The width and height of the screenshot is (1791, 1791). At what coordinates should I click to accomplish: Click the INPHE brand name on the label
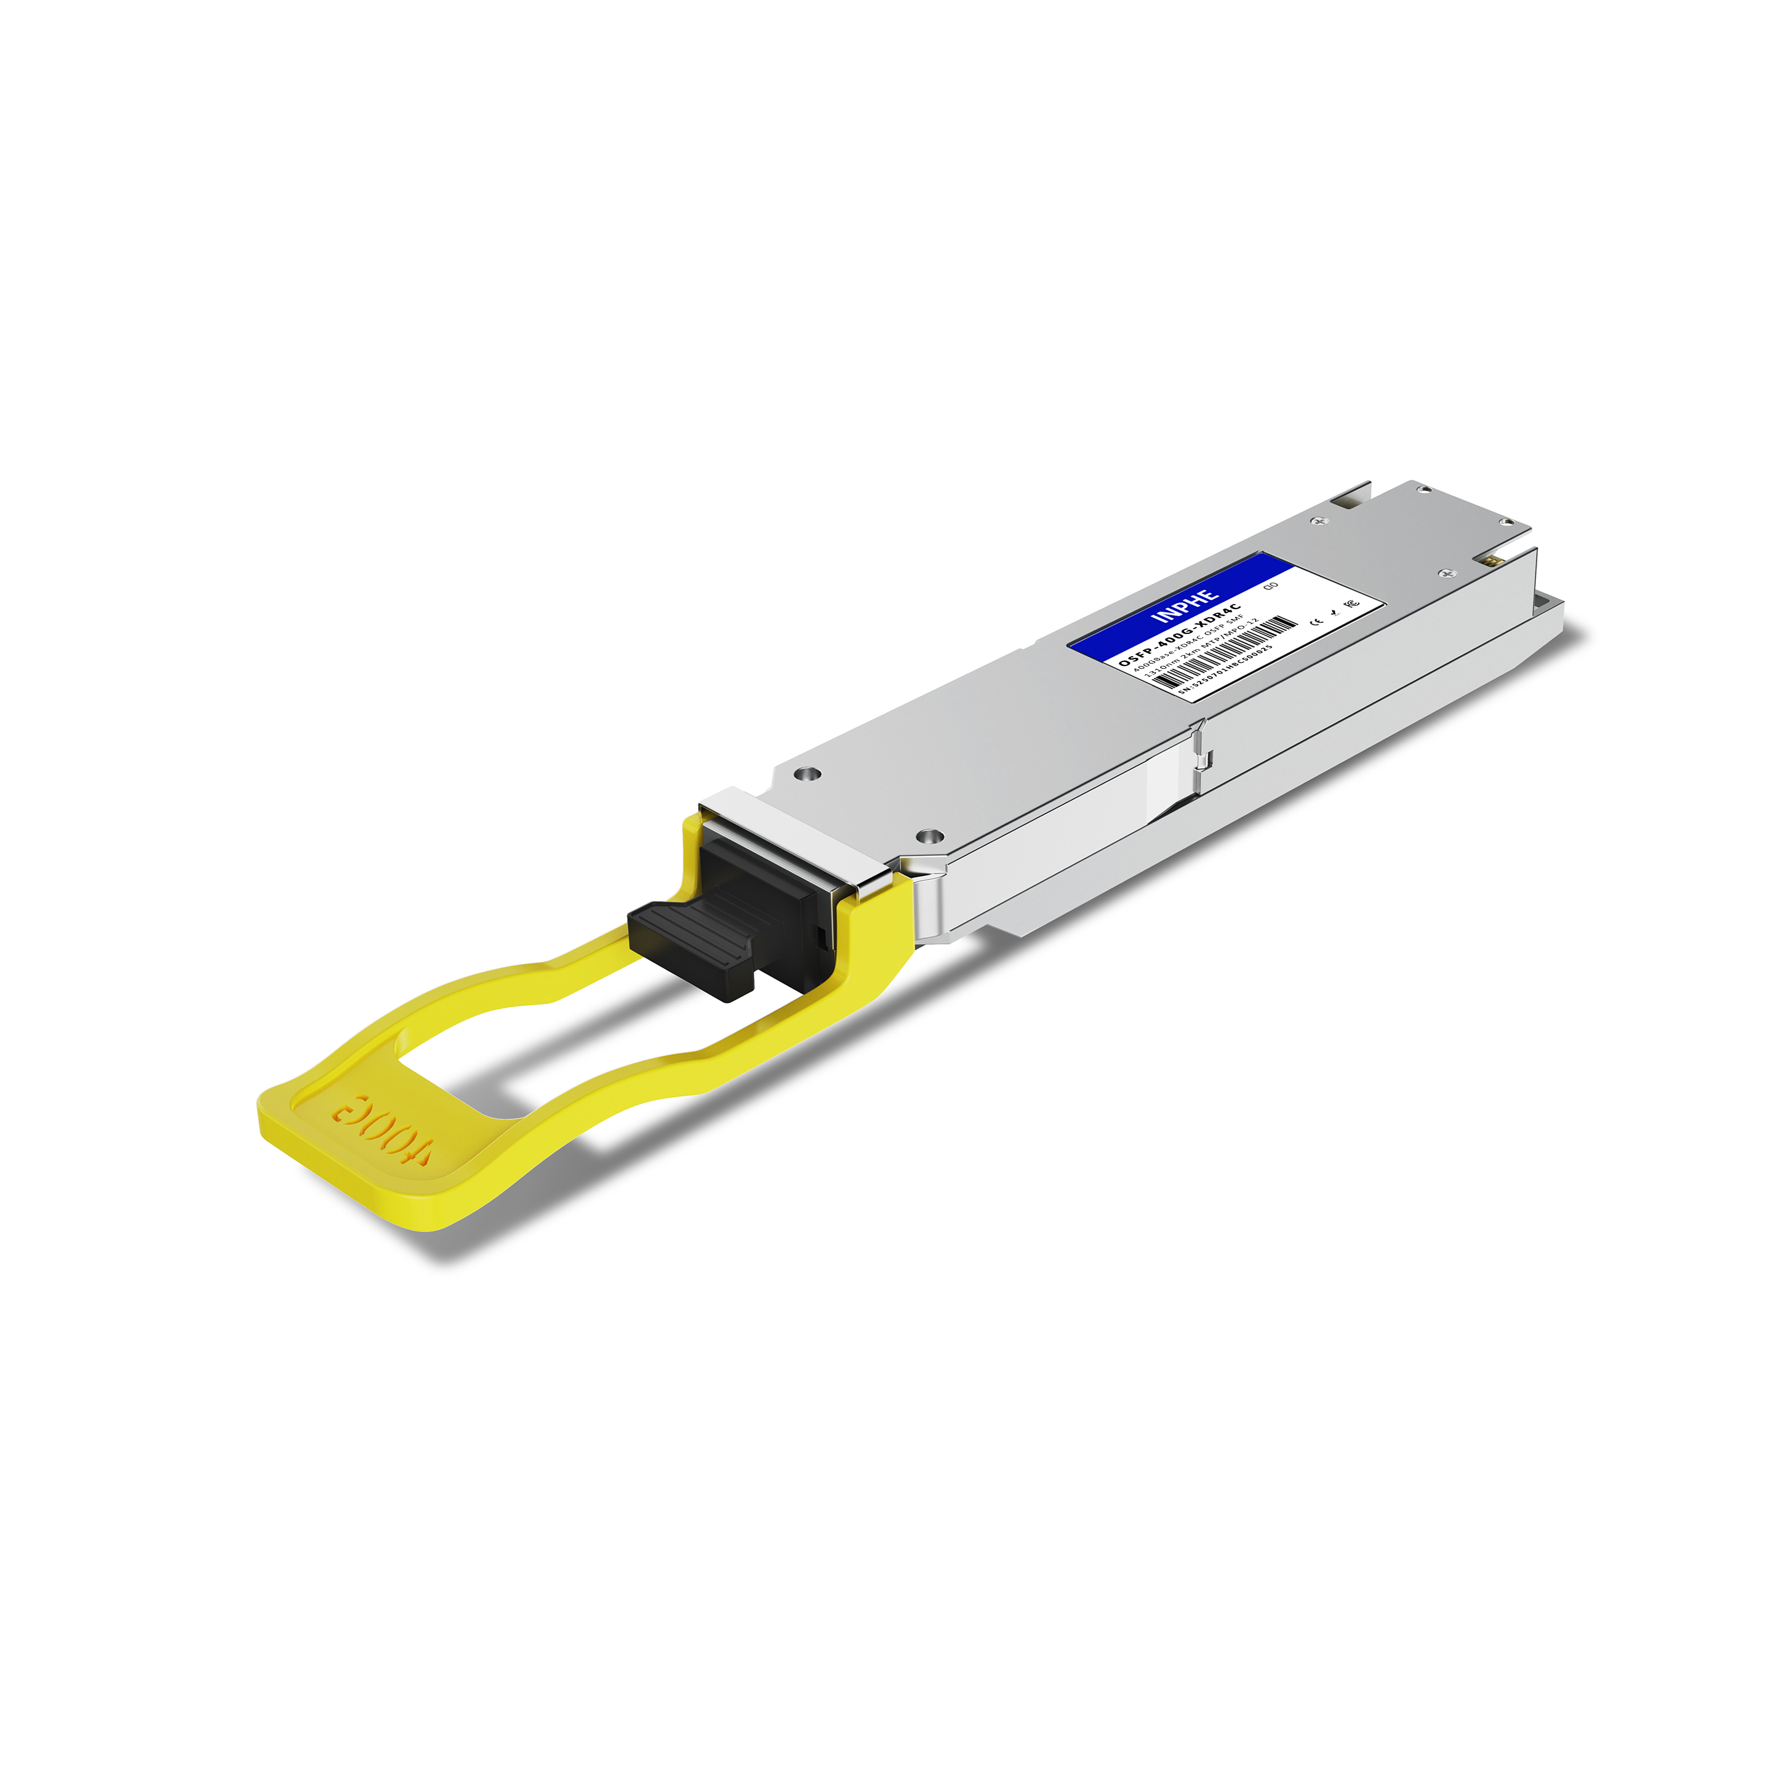pos(1184,606)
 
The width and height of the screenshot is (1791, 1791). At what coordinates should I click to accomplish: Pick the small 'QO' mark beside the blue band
pos(1271,586)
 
